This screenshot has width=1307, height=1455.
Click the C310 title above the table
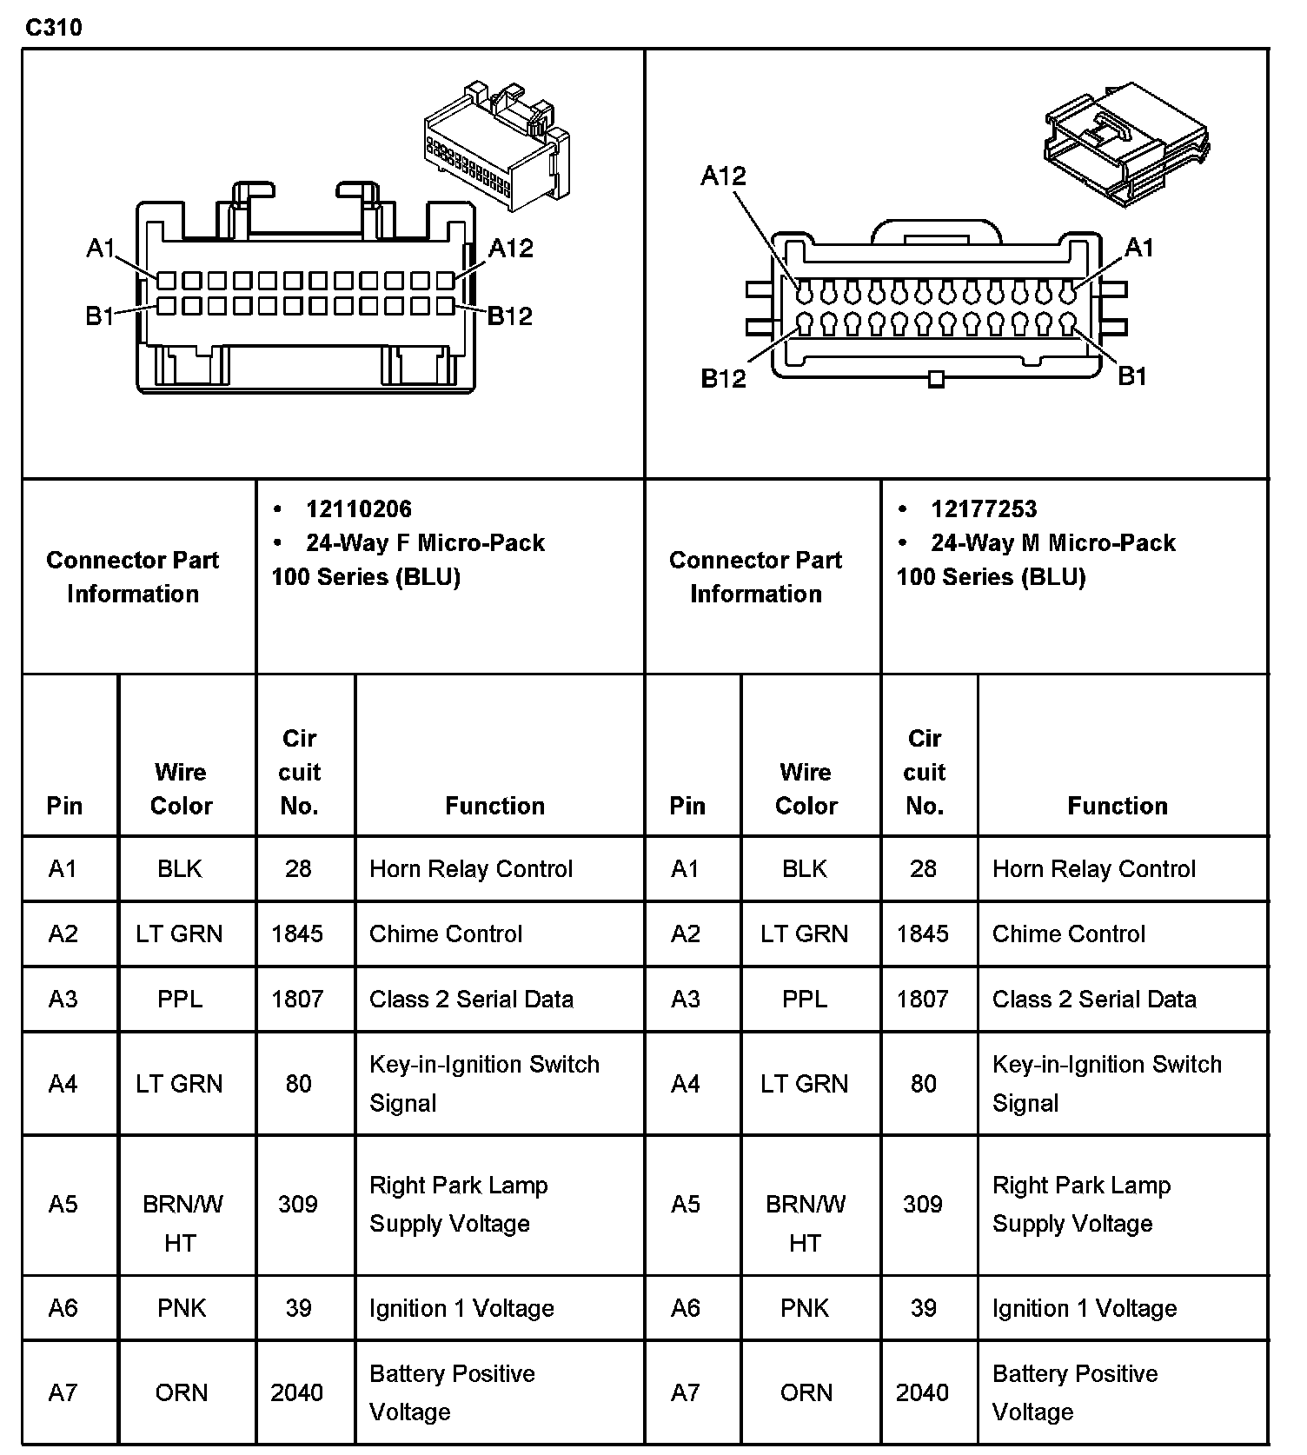[x=54, y=28]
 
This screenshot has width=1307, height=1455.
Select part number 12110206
[x=358, y=509]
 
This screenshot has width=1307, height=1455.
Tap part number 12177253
[x=984, y=509]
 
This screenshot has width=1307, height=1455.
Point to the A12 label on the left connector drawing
[x=510, y=249]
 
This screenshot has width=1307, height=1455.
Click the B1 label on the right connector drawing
[x=1131, y=376]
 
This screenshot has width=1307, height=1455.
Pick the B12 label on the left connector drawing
[x=509, y=316]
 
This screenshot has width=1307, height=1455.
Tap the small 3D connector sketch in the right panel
[x=1125, y=143]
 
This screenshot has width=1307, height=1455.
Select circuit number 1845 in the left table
[x=297, y=933]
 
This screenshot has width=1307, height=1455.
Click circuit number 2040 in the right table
[x=922, y=1392]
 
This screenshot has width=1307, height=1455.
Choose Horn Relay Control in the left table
[x=471, y=868]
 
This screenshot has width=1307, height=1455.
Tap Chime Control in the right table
[x=1068, y=933]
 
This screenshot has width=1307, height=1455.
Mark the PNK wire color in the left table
[x=182, y=1308]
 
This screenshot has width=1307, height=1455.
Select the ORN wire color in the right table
[x=806, y=1392]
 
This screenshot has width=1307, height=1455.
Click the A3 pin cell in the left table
[x=63, y=999]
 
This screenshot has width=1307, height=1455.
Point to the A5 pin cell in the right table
[x=685, y=1204]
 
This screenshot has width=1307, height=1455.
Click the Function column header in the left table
[x=494, y=806]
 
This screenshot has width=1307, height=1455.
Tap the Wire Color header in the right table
[x=806, y=788]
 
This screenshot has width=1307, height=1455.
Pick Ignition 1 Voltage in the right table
[x=1085, y=1308]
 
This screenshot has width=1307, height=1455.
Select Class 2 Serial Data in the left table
[x=471, y=999]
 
